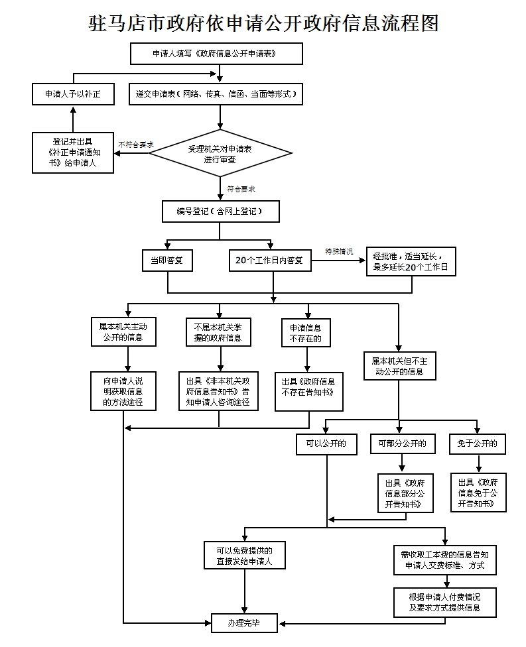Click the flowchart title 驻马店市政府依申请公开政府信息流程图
pos(263,23)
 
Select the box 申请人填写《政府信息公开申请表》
pos(216,54)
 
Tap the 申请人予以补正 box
pos(73,94)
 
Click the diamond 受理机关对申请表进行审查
pos(220,153)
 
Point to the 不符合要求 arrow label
pos(136,145)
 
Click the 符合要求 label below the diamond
pos(241,189)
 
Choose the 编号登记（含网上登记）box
pos(220,211)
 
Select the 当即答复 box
pos(167,261)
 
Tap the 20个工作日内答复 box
pos(270,261)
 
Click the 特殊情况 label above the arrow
pos(339,251)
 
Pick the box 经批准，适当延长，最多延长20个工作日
pos(411,262)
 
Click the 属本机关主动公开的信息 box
pos(123,331)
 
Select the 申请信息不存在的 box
pos(306,333)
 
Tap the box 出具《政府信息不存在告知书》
pos(309,392)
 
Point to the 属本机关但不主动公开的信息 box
pos(400,366)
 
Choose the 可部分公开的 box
pos(403,443)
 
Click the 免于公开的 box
pos(478,443)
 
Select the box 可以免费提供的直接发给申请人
pos(244,556)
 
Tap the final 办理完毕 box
pos(244,623)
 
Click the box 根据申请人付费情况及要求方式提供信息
pos(444,603)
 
